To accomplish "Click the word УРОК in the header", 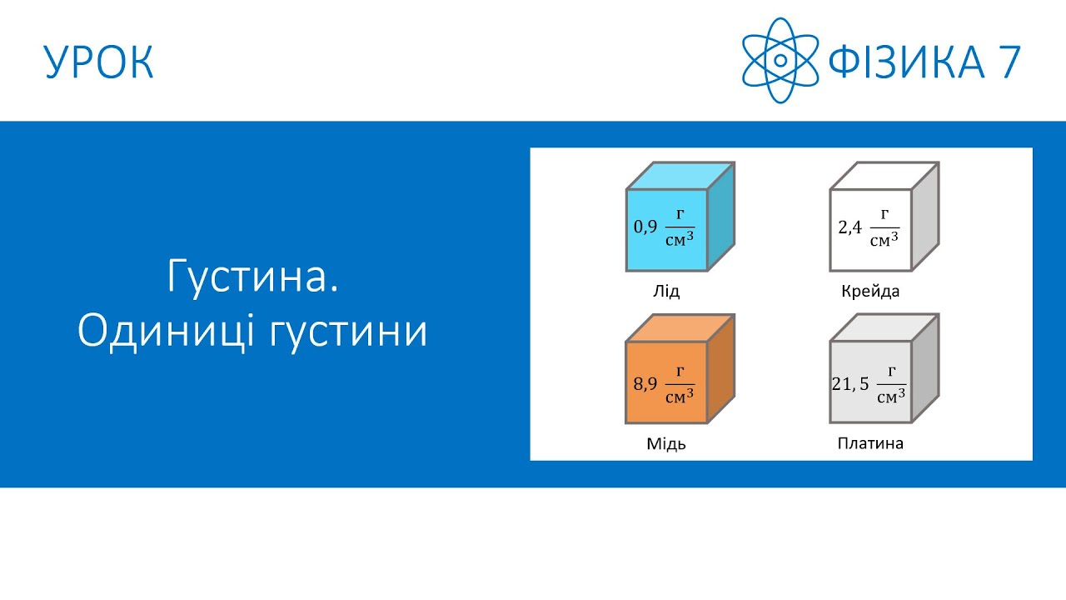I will click(99, 62).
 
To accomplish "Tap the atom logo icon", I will click(780, 61).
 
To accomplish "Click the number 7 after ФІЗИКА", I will click(1008, 62).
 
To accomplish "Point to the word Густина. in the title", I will click(253, 277).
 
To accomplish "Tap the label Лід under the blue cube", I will click(666, 292).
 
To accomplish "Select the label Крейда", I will click(870, 292).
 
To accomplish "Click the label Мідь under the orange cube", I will click(666, 443).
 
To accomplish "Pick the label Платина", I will click(870, 443).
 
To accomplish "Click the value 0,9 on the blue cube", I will click(646, 227).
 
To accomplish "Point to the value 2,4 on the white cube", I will click(849, 227).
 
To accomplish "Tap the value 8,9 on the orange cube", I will click(646, 384).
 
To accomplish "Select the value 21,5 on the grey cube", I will click(850, 384).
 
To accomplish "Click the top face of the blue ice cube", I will click(680, 176).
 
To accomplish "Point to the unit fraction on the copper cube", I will click(680, 384).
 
